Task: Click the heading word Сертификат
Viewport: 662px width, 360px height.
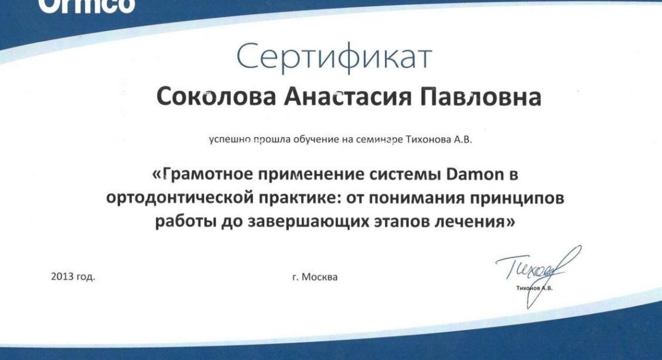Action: (x=334, y=56)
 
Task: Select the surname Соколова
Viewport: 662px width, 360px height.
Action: (x=216, y=97)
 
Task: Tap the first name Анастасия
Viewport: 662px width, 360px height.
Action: (x=347, y=97)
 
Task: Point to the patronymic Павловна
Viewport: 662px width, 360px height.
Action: (x=480, y=97)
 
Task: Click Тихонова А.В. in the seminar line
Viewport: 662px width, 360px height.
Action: (x=438, y=139)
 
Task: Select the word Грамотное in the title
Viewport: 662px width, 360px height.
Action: (x=203, y=174)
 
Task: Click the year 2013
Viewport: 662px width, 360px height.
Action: (x=63, y=276)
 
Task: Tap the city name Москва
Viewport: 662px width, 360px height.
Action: (x=320, y=278)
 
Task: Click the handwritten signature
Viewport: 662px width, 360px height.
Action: (x=538, y=274)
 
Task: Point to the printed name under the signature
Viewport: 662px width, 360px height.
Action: (x=534, y=288)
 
